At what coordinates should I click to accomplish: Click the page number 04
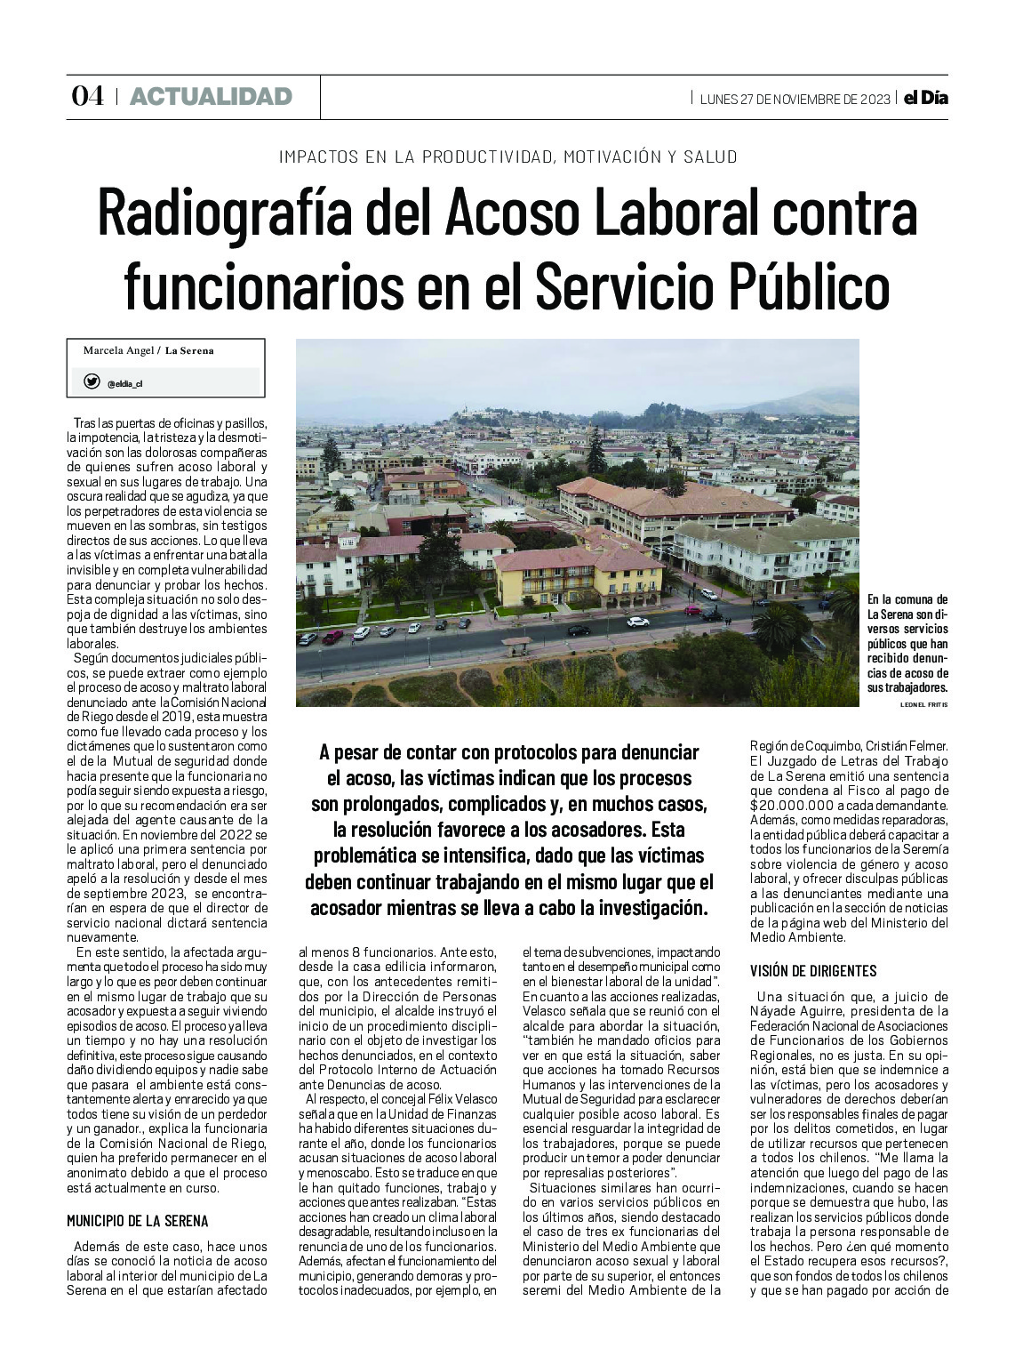coord(87,97)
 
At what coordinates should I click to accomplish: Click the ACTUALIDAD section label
coord(211,97)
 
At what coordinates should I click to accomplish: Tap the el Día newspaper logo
coord(926,98)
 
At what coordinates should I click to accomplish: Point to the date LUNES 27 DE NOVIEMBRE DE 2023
coord(795,99)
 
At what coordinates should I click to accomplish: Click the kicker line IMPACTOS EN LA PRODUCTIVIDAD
coord(507,157)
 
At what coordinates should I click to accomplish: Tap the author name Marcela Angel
coord(119,350)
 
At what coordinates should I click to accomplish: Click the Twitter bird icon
coord(92,381)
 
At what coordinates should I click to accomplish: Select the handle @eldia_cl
coord(125,384)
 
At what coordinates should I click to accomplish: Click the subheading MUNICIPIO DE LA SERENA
coord(138,1221)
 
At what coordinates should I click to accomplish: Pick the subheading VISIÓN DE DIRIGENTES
coord(813,970)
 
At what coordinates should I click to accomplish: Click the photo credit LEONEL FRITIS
coord(924,703)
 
